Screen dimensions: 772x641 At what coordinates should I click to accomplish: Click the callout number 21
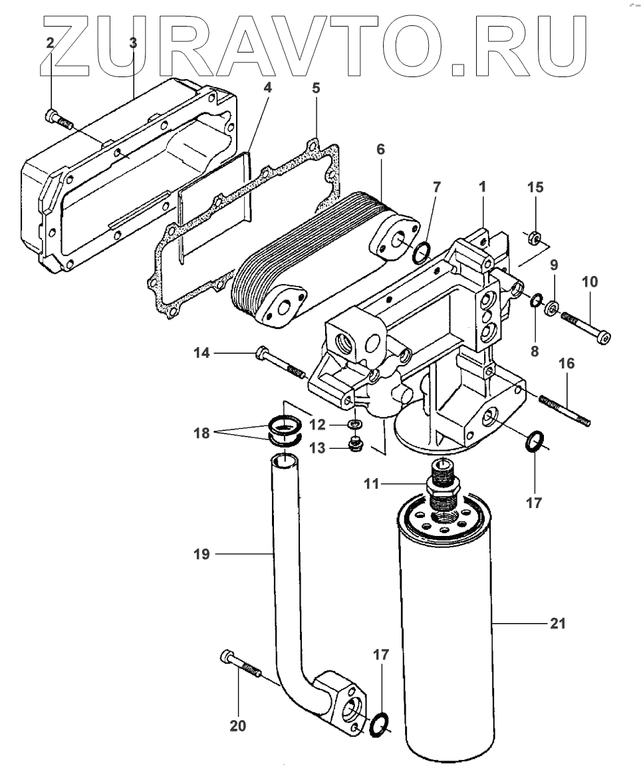[x=558, y=624]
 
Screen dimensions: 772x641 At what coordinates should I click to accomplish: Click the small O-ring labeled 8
[x=535, y=303]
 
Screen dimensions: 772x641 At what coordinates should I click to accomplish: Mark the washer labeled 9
[x=551, y=309]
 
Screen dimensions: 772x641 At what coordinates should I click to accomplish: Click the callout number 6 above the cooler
[x=380, y=150]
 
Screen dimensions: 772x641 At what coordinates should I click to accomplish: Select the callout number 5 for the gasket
[x=316, y=87]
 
